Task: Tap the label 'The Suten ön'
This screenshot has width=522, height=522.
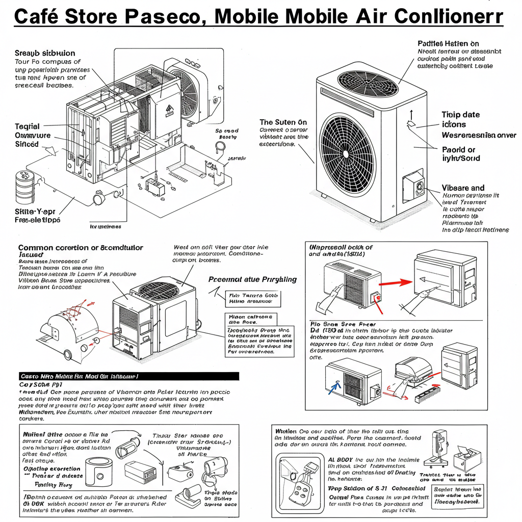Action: click(x=283, y=122)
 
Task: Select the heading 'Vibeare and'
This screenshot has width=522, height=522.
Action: click(x=463, y=188)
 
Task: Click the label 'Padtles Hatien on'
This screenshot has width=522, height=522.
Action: click(x=448, y=44)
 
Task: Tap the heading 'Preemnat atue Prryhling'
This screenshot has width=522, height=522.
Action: click(x=252, y=279)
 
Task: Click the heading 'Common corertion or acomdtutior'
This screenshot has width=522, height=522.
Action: click(x=81, y=248)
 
